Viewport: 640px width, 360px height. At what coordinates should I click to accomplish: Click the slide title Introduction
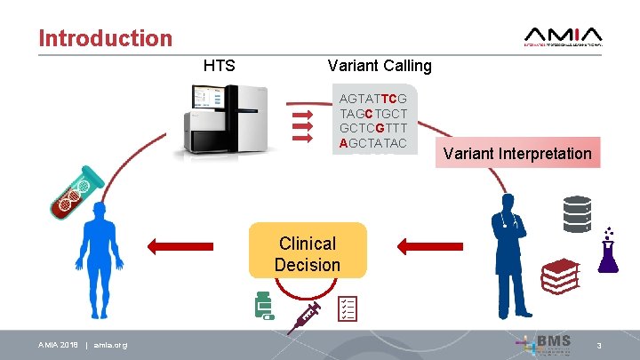pos(106,38)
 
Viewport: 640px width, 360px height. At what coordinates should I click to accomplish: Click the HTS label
pos(220,65)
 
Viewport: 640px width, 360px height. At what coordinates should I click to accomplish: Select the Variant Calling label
pos(380,65)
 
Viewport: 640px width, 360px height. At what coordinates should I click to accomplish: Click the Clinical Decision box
pos(308,254)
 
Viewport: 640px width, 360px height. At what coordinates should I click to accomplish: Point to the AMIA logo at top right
pos(564,36)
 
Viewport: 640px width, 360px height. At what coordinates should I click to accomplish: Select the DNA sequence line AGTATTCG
pos(373,99)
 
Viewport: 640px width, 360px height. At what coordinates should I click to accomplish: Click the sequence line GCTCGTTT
pos(373,128)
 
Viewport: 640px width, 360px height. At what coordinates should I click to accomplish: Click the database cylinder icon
pos(577,213)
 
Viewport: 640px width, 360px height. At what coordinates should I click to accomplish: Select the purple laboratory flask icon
pos(609,252)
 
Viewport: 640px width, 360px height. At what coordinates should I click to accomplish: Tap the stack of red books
pos(561,276)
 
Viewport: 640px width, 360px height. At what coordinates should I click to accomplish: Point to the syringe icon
pos(303,317)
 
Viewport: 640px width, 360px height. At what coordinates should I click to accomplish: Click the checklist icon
pos(348,308)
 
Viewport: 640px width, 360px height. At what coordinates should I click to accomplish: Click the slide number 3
pos(599,344)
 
